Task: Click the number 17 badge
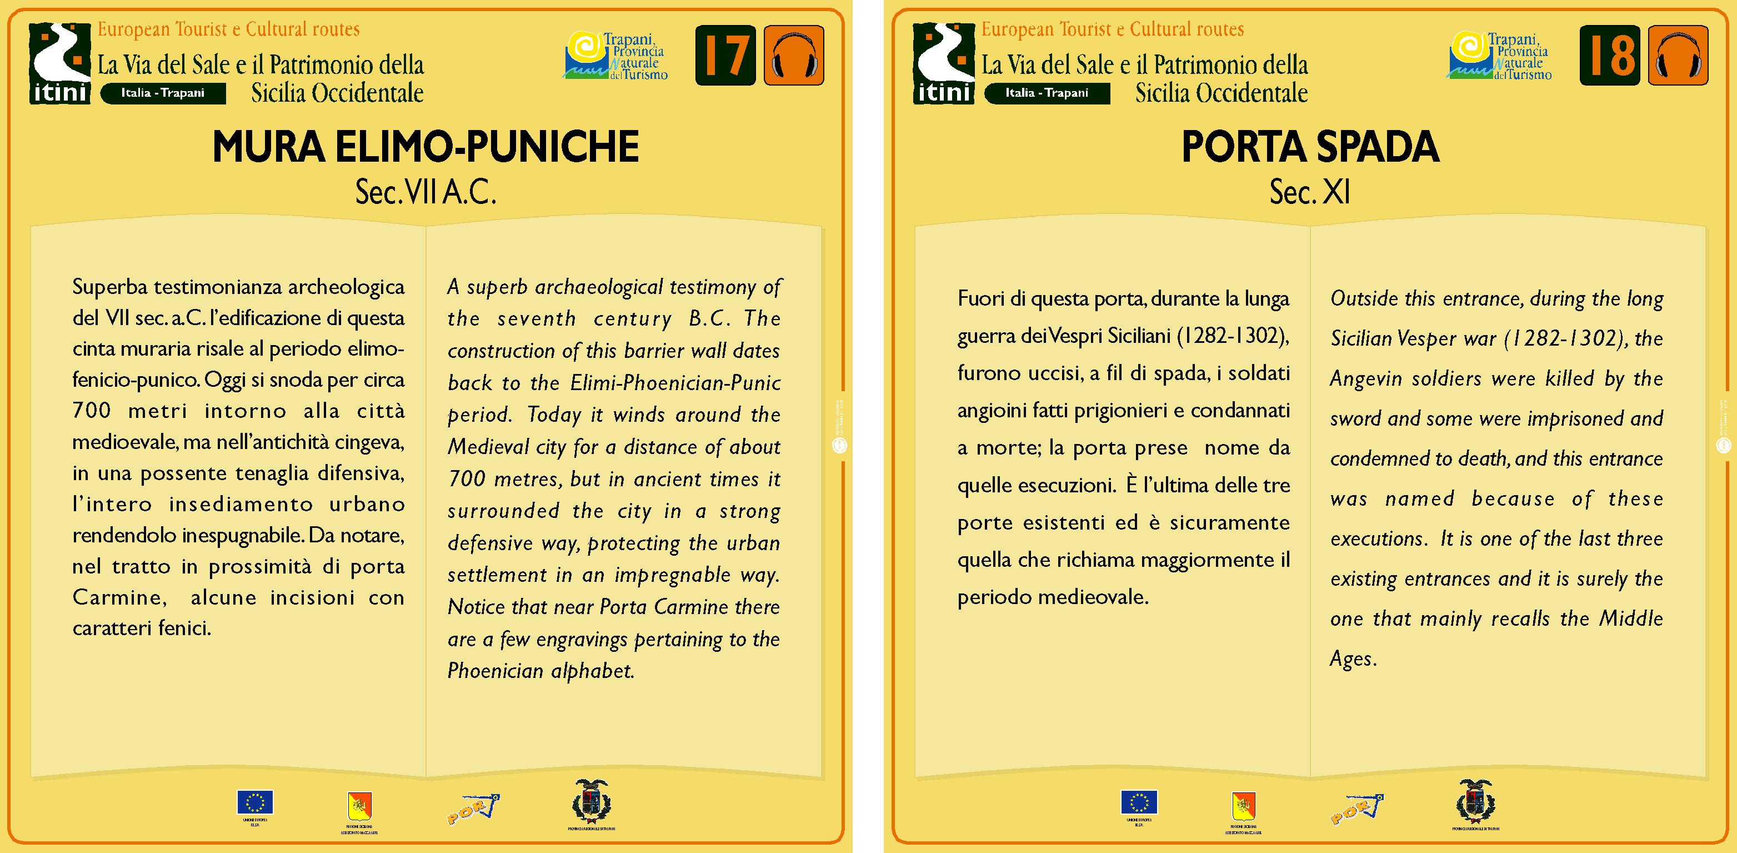725,56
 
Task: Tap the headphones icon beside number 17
794,56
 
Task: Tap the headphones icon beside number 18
1678,56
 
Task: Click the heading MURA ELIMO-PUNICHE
426,147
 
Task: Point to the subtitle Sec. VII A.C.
426,193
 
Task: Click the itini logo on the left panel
60,63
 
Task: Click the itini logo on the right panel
944,63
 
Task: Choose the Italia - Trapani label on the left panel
163,93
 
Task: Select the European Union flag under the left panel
255,802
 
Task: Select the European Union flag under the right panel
1139,802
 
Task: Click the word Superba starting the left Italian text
110,287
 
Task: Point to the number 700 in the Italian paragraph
91,411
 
